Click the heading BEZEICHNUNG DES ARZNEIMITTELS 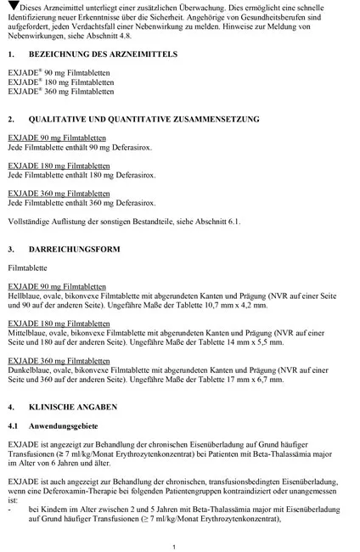103,54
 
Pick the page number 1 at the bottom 173,523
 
